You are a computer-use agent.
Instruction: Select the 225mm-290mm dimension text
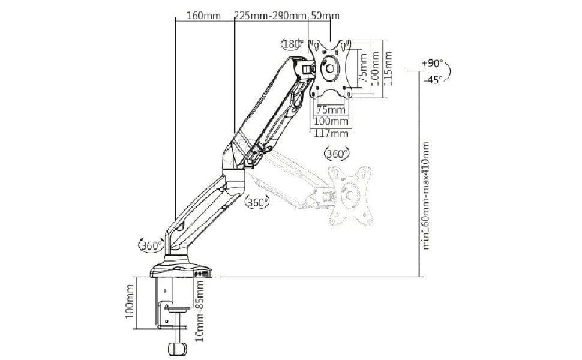click(270, 15)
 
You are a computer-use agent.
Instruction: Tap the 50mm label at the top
click(321, 15)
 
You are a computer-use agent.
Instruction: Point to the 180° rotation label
click(292, 44)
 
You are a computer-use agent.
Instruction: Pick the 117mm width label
click(332, 133)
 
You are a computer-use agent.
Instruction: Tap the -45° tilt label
click(433, 79)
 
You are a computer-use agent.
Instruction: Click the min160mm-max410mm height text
click(427, 196)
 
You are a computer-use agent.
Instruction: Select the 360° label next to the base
click(151, 245)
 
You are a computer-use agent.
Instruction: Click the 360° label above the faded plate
click(337, 154)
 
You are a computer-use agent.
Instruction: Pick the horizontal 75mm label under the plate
click(331, 110)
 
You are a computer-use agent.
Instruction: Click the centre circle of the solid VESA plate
click(330, 67)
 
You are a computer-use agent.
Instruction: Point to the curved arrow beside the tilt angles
click(451, 70)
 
